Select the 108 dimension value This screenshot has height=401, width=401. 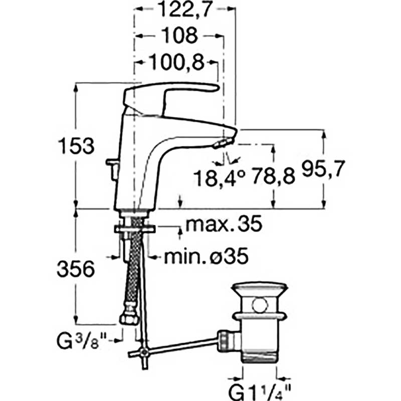tap(180, 35)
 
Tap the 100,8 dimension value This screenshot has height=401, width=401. tap(176, 62)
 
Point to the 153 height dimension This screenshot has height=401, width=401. tap(77, 145)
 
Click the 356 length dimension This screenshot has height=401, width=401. tap(76, 269)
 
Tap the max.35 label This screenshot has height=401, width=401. tap(224, 224)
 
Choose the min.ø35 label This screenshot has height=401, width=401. tap(206, 256)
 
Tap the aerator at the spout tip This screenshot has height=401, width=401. tap(223, 143)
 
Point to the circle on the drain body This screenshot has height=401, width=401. tap(260, 305)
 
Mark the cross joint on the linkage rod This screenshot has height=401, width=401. tap(145, 352)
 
